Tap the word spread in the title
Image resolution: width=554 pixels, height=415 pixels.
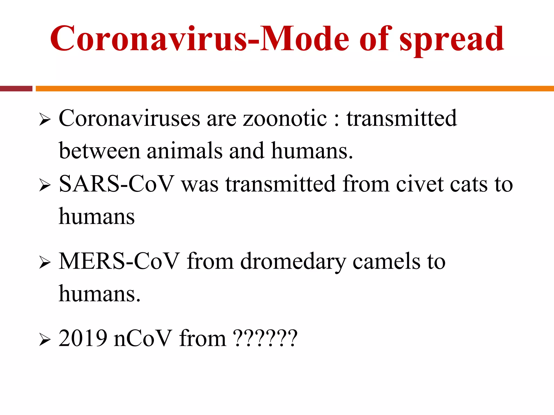(x=452, y=40)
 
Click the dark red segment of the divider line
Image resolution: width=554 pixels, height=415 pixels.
(x=16, y=89)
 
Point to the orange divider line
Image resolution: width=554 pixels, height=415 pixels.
(x=295, y=89)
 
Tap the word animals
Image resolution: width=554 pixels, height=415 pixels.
(x=185, y=151)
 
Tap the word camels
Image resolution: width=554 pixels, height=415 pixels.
(x=387, y=262)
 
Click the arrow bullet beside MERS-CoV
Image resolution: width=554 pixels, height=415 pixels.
(x=45, y=262)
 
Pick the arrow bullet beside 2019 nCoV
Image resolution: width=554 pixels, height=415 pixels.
(x=45, y=340)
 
